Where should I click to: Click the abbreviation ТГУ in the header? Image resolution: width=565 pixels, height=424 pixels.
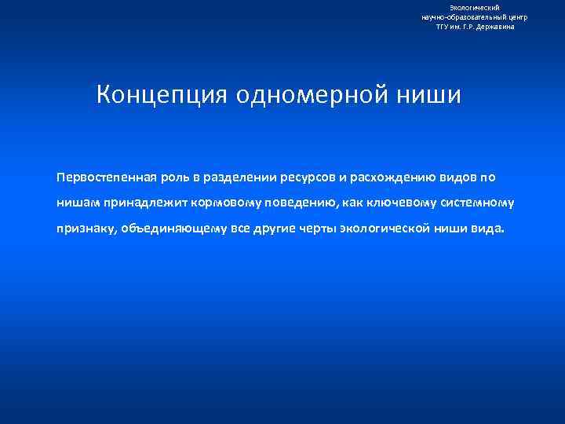tap(443, 27)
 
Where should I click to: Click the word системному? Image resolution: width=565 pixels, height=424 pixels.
tap(476, 203)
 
